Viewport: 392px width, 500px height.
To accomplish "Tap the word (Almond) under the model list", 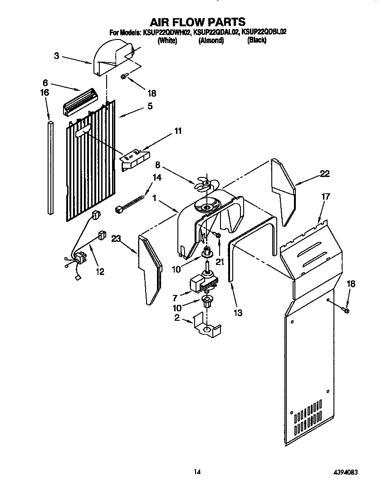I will pyautogui.click(x=211, y=40).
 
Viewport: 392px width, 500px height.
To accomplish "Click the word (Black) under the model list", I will pyautogui.click(x=256, y=40).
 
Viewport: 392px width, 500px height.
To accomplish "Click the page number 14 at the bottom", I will pyautogui.click(x=197, y=472).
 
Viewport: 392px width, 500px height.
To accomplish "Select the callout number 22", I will pyautogui.click(x=324, y=173).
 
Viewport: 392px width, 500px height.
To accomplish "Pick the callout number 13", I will pyautogui.click(x=238, y=313).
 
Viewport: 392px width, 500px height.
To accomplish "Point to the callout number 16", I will pyautogui.click(x=44, y=92).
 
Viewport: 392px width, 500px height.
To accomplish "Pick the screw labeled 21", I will pyautogui.click(x=217, y=235).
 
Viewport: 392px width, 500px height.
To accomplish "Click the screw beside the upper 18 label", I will pyautogui.click(x=123, y=77).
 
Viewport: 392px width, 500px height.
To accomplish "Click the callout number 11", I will pyautogui.click(x=177, y=131).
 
